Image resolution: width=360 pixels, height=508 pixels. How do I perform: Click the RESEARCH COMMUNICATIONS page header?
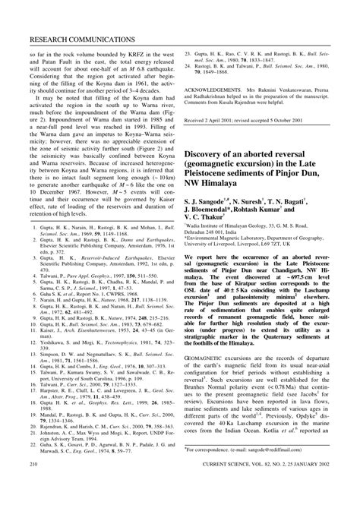point(71,38)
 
